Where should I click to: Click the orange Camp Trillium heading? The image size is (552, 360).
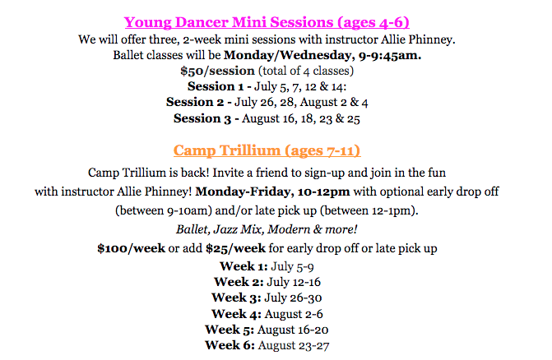(267, 151)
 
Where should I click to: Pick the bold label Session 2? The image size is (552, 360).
(197, 102)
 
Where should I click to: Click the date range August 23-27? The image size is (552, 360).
(294, 344)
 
